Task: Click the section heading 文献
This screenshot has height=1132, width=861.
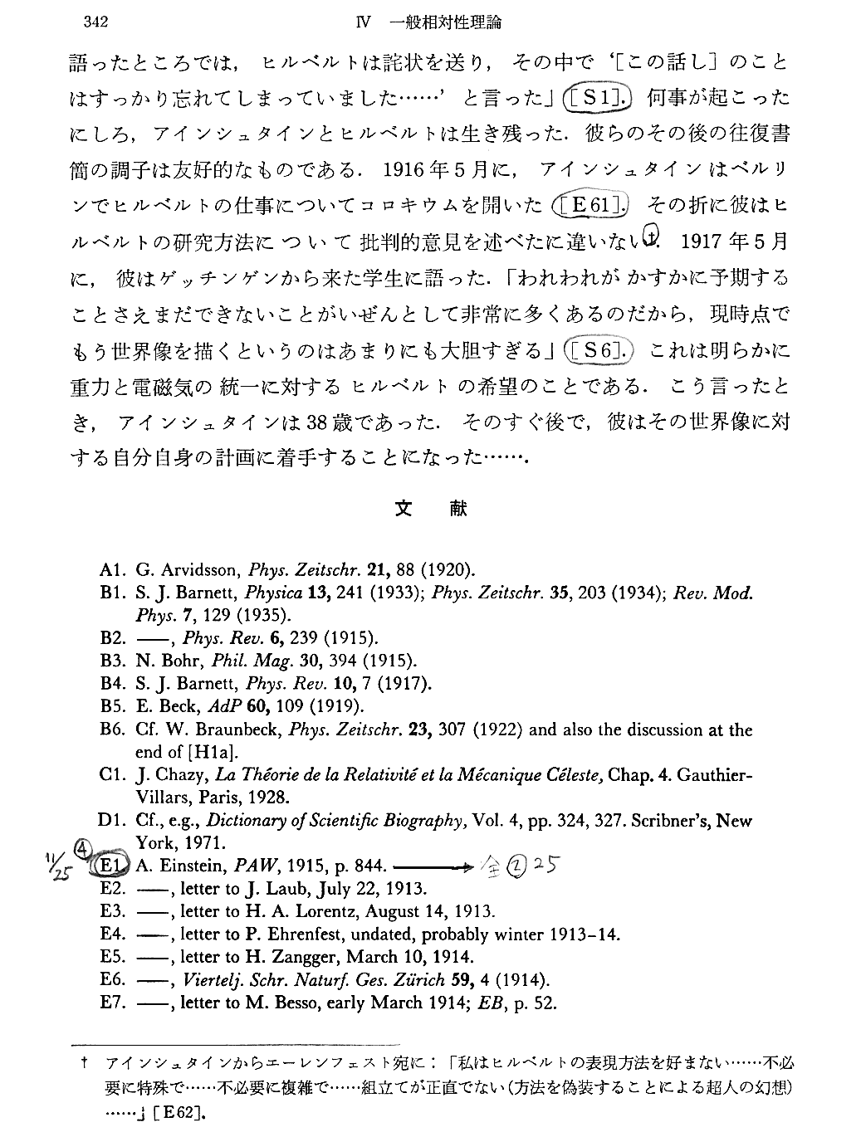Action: pyautogui.click(x=431, y=509)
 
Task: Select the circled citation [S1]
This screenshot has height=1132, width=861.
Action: pyautogui.click(x=598, y=99)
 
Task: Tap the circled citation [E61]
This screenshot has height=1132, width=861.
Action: pyautogui.click(x=591, y=204)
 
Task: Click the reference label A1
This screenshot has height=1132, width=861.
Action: pyautogui.click(x=111, y=570)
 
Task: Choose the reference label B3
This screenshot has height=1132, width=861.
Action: pyautogui.click(x=111, y=661)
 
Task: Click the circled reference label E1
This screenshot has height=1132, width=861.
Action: pyautogui.click(x=110, y=866)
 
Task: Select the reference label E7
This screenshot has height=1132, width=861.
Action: pyautogui.click(x=111, y=1003)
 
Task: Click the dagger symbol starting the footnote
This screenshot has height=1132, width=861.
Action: pyautogui.click(x=86, y=1063)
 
